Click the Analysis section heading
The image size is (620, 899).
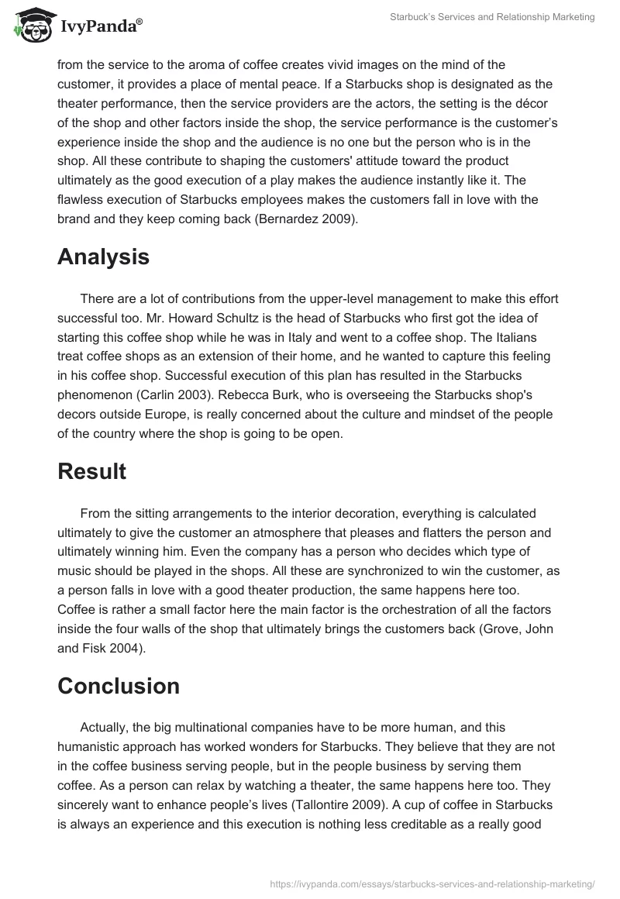(103, 257)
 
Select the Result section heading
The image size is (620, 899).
(91, 471)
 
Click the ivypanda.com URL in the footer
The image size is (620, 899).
(432, 883)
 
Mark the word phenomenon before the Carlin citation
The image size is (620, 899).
(94, 395)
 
